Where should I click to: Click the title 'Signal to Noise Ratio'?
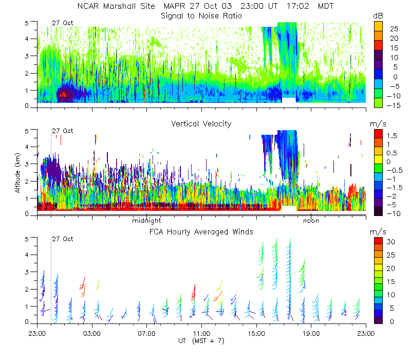pyautogui.click(x=201, y=16)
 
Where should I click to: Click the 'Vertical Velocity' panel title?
pyautogui.click(x=201, y=124)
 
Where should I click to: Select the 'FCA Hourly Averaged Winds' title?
pyautogui.click(x=201, y=232)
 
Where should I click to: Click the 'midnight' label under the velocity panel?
pyautogui.click(x=147, y=221)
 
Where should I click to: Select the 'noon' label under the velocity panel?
pyautogui.click(x=311, y=221)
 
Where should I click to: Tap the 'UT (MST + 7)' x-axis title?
pyautogui.click(x=201, y=340)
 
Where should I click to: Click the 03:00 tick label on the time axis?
pyautogui.click(x=92, y=333)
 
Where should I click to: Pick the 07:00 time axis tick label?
pyautogui.click(x=147, y=333)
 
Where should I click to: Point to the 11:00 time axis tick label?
pyautogui.click(x=201, y=333)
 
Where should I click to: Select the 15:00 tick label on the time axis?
pyautogui.click(x=256, y=333)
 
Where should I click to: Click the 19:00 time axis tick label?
pyautogui.click(x=311, y=333)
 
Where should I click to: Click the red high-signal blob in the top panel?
pyautogui.click(x=64, y=94)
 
